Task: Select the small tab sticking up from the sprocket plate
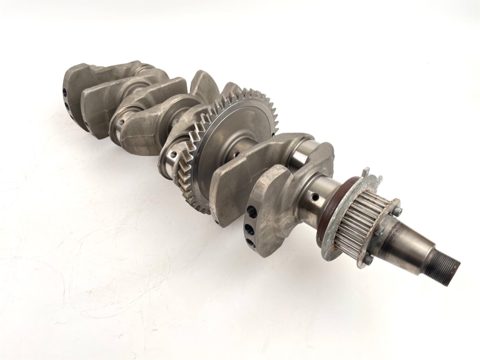pyautogui.click(x=366, y=172)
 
